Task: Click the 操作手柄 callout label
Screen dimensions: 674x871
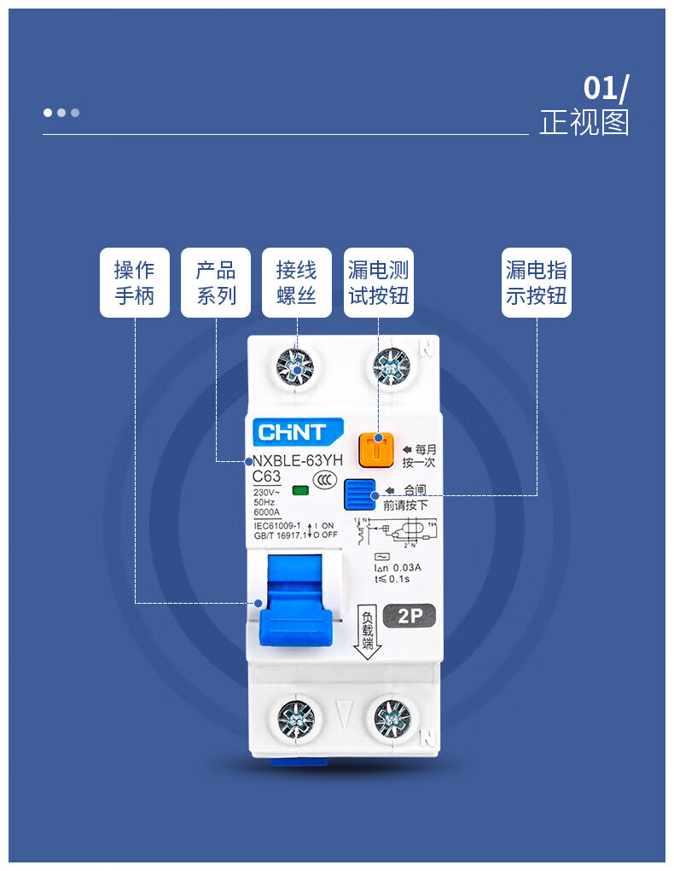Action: tap(134, 283)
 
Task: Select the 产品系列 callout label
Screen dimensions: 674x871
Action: tap(215, 283)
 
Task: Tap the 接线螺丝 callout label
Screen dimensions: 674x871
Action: tap(296, 283)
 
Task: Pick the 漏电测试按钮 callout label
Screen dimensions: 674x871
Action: tap(378, 283)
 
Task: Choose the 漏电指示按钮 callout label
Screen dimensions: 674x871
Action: tap(536, 283)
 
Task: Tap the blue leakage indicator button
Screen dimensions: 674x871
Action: tap(360, 494)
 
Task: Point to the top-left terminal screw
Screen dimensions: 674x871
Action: tap(296, 369)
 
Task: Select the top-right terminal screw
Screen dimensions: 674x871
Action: tap(392, 369)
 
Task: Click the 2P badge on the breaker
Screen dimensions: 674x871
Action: tap(410, 615)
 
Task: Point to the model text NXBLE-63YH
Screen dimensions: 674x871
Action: tap(298, 461)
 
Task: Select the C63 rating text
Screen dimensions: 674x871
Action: tap(267, 476)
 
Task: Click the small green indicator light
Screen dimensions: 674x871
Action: tap(299, 490)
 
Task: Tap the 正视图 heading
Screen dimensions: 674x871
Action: tap(584, 123)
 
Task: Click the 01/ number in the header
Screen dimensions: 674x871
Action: tap(606, 89)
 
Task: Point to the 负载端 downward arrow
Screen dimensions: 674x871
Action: tap(368, 633)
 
